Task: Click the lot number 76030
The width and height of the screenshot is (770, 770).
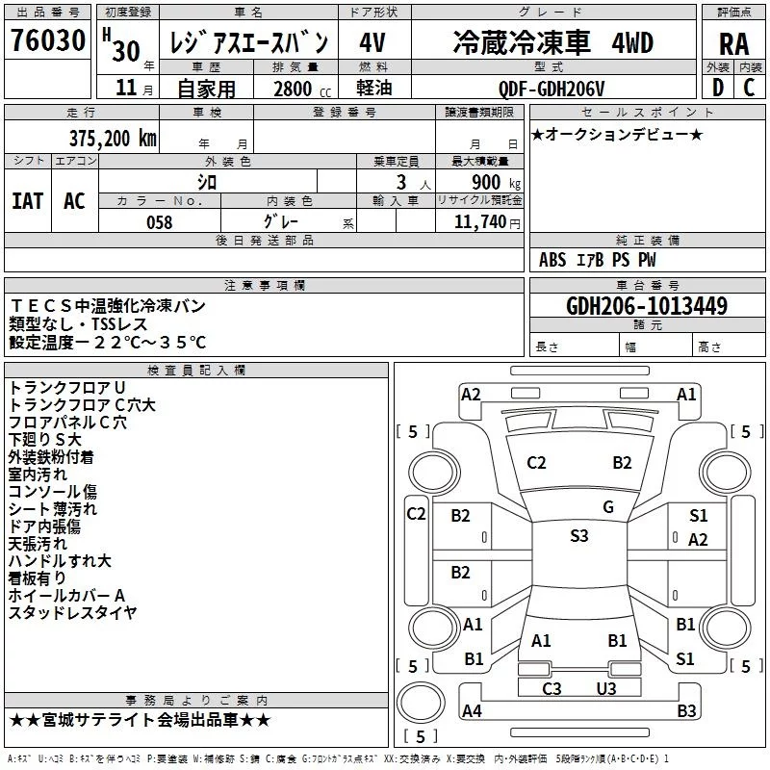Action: [50, 41]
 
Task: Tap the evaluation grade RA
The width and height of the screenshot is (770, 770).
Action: [732, 43]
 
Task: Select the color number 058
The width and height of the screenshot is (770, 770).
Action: [159, 221]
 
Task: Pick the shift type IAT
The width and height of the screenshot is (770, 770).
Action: [27, 200]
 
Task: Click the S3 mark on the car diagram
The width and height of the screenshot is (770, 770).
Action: [578, 536]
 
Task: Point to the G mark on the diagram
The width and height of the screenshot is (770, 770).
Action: [607, 507]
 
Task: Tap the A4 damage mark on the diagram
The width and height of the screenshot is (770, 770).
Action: [472, 711]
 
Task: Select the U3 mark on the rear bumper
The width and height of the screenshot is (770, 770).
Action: [605, 688]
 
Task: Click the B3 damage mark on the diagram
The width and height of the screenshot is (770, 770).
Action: [686, 711]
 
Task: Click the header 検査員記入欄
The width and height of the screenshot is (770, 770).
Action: [196, 370]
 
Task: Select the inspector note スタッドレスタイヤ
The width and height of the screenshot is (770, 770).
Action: [73, 612]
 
